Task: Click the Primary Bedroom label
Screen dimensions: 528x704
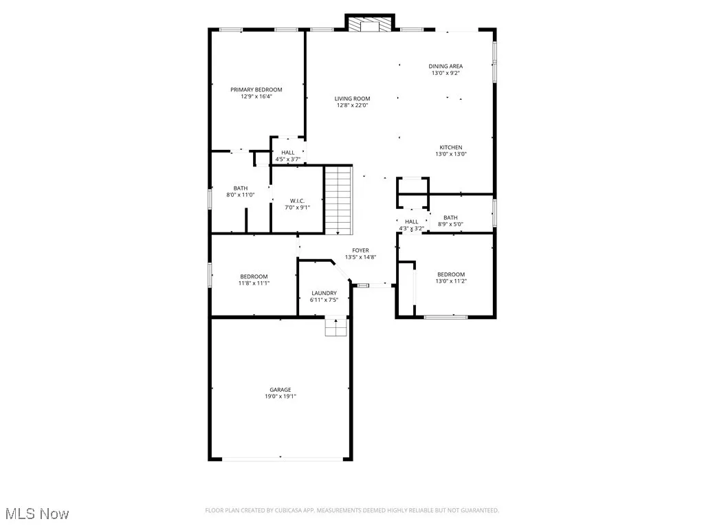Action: point(256,89)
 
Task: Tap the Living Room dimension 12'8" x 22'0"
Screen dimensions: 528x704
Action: point(353,106)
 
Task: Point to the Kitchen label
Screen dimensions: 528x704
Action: point(451,147)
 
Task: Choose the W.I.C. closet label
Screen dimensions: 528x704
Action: point(296,201)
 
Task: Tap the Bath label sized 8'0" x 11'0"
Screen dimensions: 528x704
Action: point(241,188)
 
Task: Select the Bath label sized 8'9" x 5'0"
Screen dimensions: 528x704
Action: point(450,217)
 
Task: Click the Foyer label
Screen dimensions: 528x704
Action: point(360,250)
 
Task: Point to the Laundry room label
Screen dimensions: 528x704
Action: point(323,293)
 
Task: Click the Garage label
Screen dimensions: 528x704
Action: point(280,389)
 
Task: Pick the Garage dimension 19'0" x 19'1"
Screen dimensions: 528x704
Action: point(280,396)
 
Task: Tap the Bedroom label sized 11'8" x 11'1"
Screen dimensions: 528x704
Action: point(254,276)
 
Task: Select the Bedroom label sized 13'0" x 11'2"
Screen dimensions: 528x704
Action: point(450,274)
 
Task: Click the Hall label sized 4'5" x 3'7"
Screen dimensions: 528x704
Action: point(287,153)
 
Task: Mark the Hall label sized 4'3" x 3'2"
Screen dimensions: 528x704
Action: point(411,221)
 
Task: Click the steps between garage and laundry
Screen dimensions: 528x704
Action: point(335,327)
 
